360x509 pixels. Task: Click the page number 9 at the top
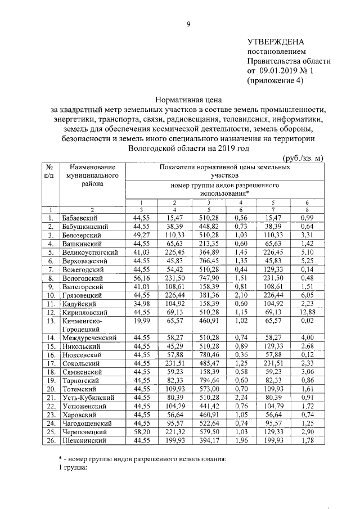tap(189, 24)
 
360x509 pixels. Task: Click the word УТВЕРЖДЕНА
tap(276, 42)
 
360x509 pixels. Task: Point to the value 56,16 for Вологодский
tap(141, 278)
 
